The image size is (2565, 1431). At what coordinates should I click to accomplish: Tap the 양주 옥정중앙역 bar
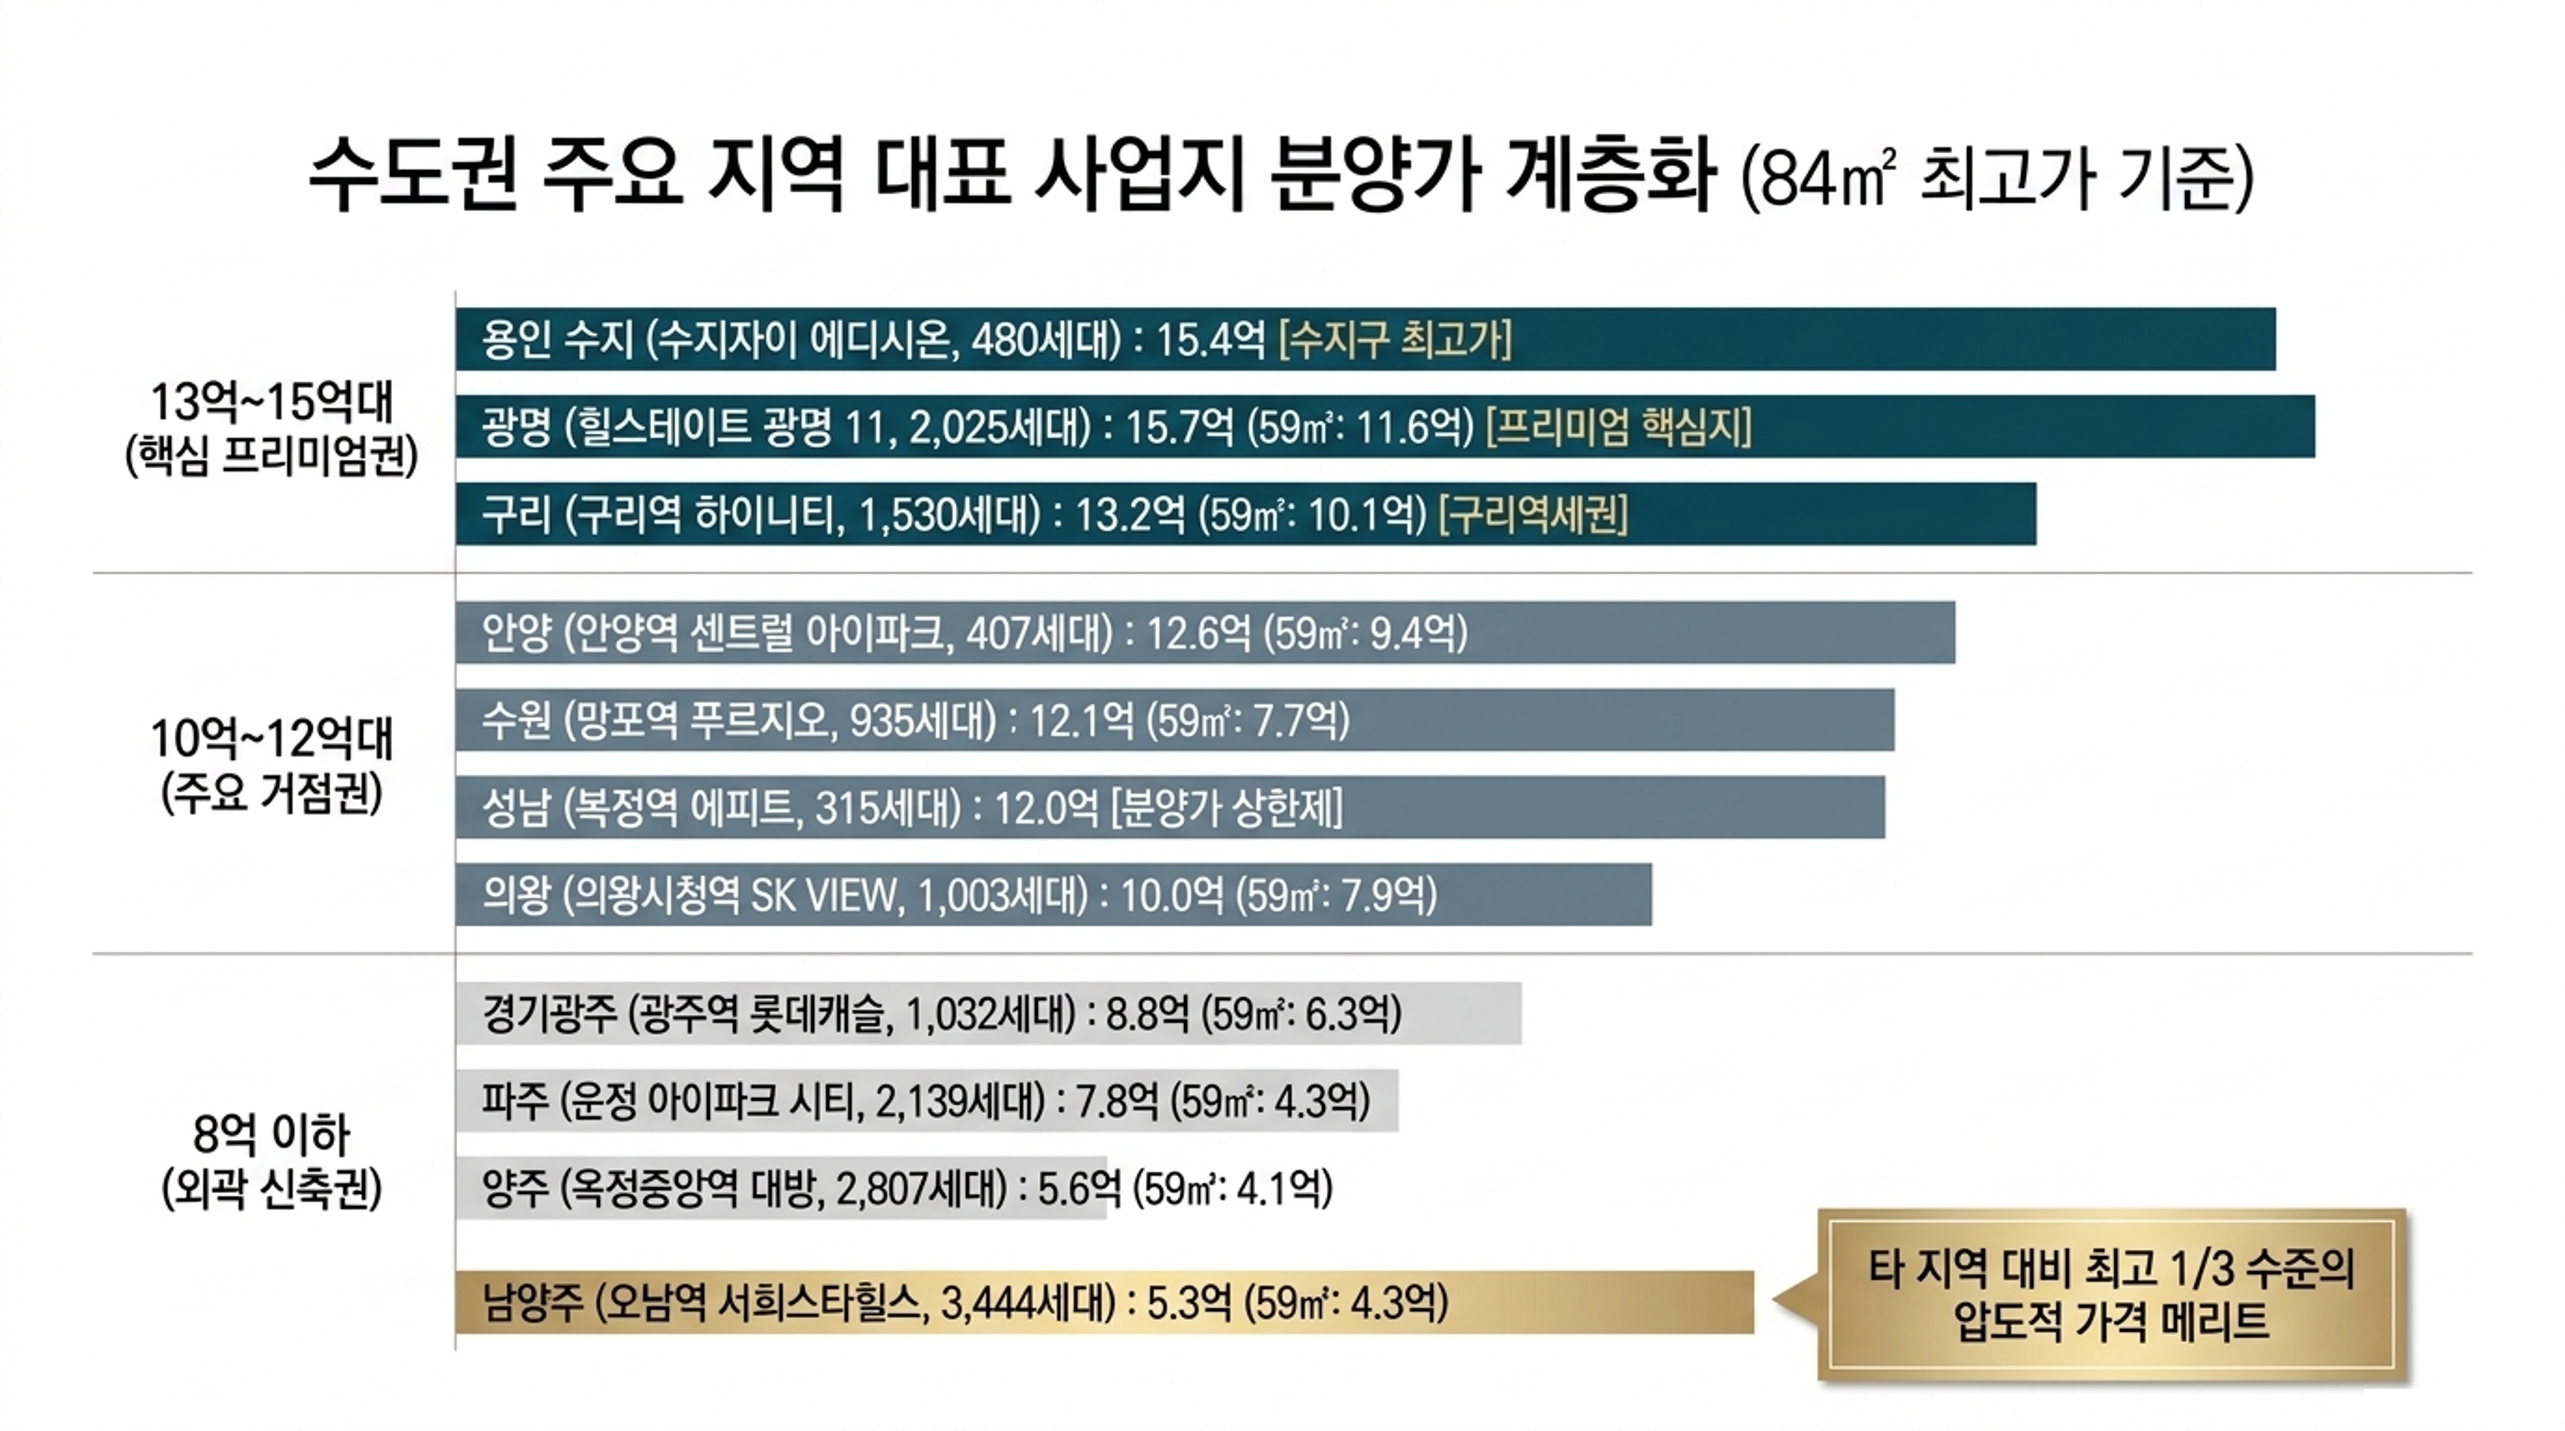click(782, 1188)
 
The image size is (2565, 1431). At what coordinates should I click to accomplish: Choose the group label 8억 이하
click(272, 1133)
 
